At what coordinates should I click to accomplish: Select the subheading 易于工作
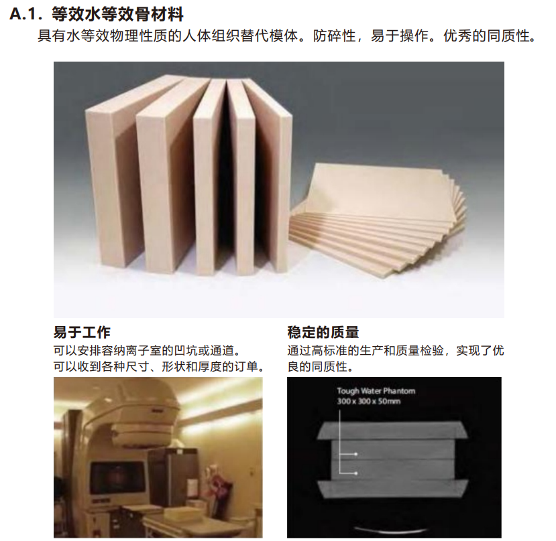pos(82,333)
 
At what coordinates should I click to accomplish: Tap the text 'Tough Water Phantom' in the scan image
pos(376,391)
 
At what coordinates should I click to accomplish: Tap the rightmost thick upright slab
pos(272,174)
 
